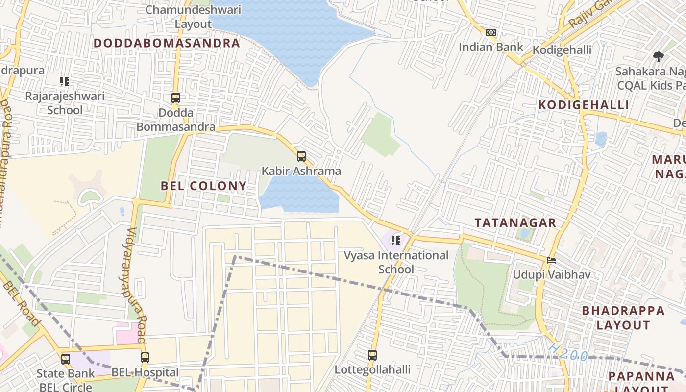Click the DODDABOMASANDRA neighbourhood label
click(167, 43)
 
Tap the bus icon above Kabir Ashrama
click(301, 156)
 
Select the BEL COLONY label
click(203, 186)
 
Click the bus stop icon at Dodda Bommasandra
click(176, 98)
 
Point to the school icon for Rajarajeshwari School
click(65, 81)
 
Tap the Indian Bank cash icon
click(490, 32)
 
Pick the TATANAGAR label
click(515, 223)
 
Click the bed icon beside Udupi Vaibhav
click(551, 260)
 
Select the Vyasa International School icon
click(396, 241)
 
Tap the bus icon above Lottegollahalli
click(372, 355)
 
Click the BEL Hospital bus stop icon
click(145, 358)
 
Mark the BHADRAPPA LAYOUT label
click(623, 318)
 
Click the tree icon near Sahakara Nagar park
click(659, 57)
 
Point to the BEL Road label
click(21, 304)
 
